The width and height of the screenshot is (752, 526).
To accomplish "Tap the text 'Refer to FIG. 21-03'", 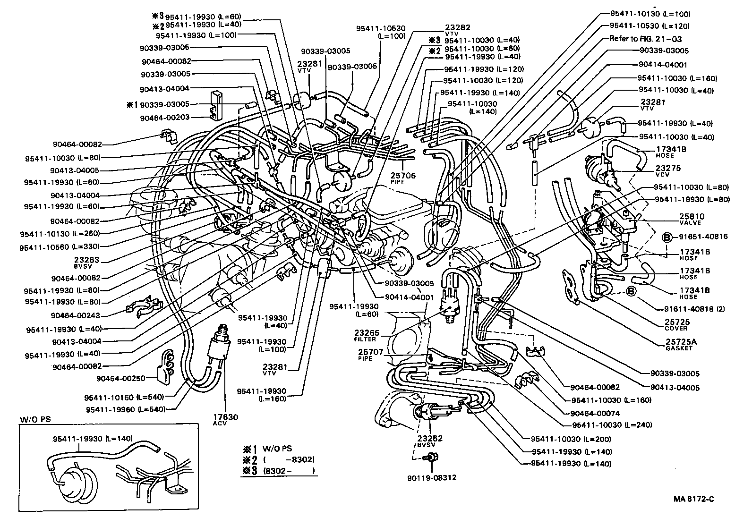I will [645, 39].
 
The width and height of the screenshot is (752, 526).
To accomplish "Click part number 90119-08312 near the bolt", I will [431, 477].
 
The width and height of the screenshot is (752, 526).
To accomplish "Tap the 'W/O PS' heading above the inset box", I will [31, 419].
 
